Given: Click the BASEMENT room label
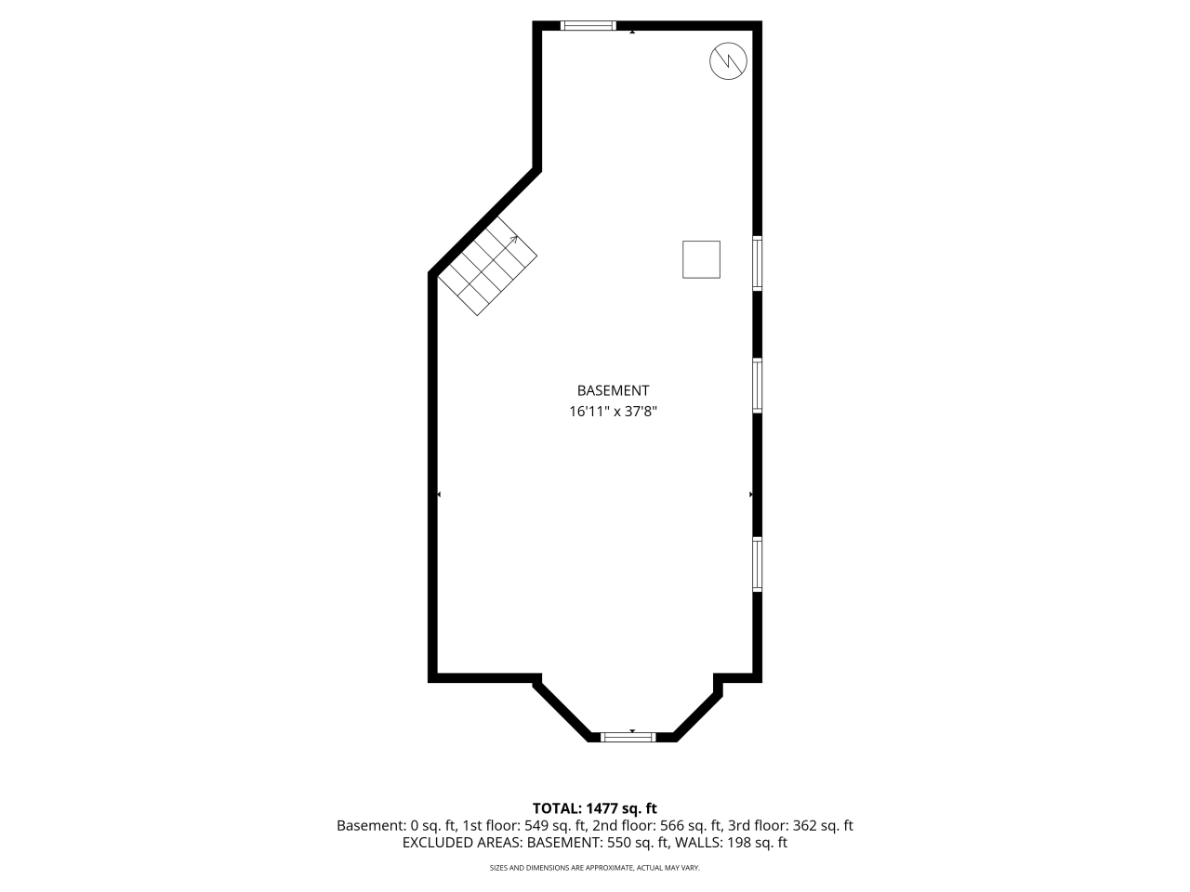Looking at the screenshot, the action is [613, 390].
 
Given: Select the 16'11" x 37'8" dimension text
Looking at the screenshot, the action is [613, 412].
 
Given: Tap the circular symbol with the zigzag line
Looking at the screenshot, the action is [728, 61].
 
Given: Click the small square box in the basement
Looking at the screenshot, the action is [701, 259].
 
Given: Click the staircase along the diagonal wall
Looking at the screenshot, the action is [488, 267].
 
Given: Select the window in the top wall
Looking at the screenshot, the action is [588, 25].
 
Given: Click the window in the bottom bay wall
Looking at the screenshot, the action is [628, 737].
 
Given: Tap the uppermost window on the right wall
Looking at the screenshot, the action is [758, 263].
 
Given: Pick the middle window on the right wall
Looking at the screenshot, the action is [758, 386].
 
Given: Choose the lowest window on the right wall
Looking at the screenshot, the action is [758, 564].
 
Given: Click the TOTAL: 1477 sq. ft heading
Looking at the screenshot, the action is [595, 808].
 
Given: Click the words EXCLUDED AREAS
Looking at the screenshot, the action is [461, 843].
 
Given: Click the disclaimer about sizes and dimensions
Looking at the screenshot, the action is [595, 868].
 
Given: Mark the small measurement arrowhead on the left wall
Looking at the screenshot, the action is [439, 494].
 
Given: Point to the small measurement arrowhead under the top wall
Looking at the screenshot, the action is [632, 32].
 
